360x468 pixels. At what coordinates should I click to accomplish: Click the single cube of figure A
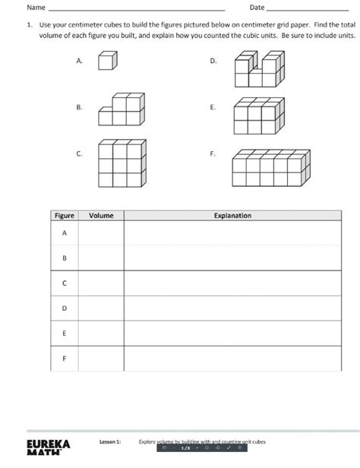(x=107, y=62)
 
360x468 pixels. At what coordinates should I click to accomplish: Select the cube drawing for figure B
(x=122, y=110)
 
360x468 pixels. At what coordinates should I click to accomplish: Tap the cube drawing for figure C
(x=122, y=163)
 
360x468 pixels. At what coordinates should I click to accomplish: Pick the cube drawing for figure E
(x=256, y=119)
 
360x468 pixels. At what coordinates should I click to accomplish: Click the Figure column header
(x=65, y=216)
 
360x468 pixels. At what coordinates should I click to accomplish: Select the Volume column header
(x=101, y=216)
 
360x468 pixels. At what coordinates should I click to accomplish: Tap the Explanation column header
(x=232, y=216)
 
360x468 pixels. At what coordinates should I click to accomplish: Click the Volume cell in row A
(x=101, y=233)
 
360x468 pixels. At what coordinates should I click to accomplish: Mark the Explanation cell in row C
(x=232, y=283)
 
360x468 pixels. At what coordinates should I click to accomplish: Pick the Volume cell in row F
(x=101, y=359)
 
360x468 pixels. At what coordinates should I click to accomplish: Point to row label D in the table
(x=65, y=308)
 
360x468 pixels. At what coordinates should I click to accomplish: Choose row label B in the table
(x=65, y=258)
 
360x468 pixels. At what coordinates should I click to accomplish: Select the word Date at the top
(x=257, y=8)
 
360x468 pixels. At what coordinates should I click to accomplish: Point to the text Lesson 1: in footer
(x=110, y=441)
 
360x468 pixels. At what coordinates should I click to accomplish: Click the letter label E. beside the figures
(x=213, y=108)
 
